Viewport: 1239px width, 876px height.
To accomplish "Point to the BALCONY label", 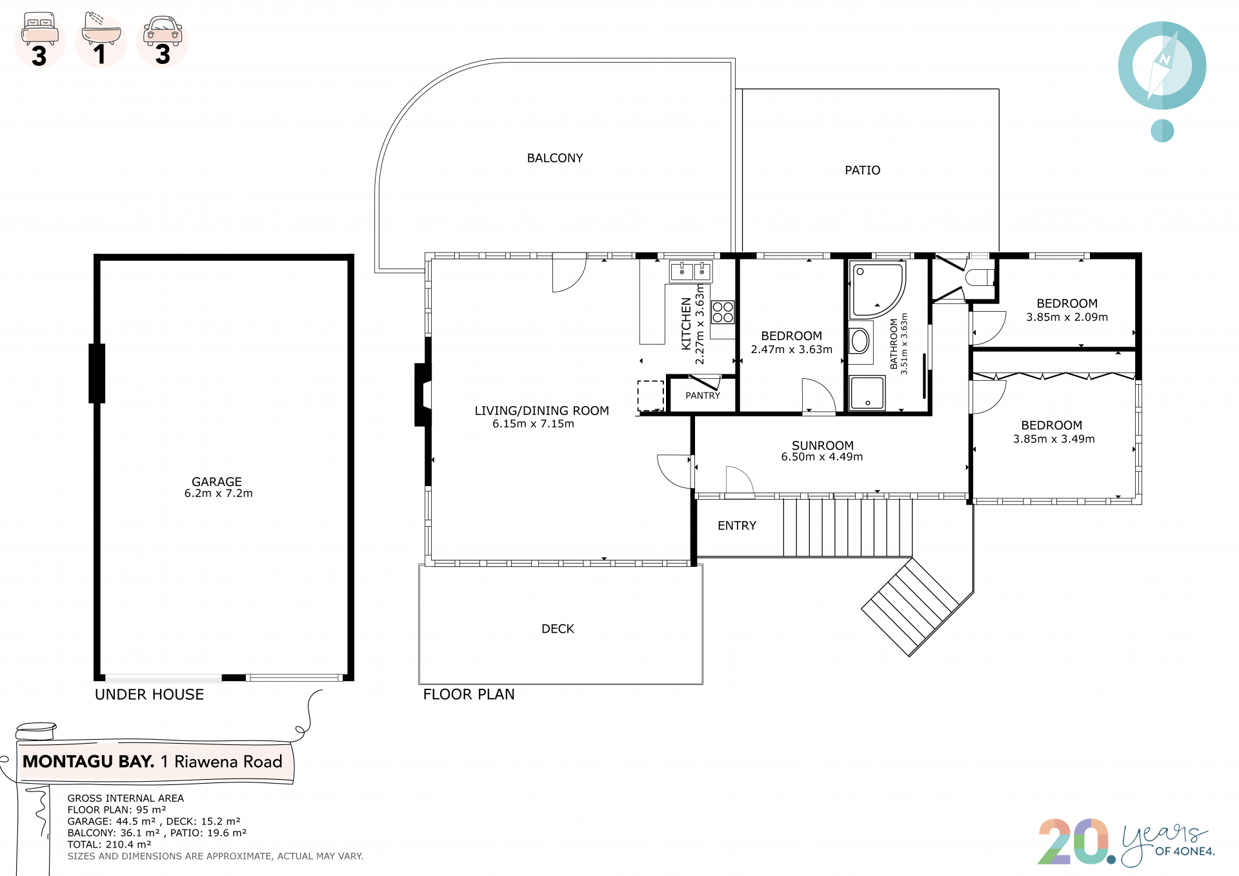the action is click(555, 158).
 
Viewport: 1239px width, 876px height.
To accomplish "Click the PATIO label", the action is click(862, 170).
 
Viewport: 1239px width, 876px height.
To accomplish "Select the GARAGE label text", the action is click(217, 482).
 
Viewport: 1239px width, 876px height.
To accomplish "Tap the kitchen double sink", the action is click(690, 272).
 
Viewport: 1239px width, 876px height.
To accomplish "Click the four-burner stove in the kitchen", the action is click(723, 312).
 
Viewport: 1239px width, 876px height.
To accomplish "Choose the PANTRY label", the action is click(703, 396).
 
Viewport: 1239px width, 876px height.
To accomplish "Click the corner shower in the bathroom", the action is click(877, 290).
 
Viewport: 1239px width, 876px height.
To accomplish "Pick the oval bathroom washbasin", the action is click(860, 340).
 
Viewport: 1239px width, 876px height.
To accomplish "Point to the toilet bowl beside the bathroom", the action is click(980, 278).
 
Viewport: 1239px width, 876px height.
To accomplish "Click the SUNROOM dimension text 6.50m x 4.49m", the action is click(821, 457).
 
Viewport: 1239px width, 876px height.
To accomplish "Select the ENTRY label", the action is click(737, 526).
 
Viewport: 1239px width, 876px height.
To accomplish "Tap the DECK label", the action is click(558, 629).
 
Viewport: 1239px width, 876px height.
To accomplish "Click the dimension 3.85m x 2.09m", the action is click(1067, 317).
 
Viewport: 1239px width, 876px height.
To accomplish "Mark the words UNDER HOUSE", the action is click(149, 695).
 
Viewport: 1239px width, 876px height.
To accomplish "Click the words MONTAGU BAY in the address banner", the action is click(88, 762).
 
